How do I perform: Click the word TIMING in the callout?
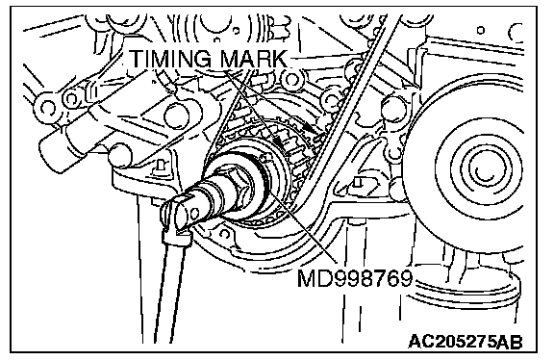tap(172, 59)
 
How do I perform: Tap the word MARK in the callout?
tap(254, 59)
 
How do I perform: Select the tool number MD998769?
tap(355, 278)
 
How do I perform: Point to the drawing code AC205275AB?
tap(466, 342)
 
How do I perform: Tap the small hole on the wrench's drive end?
tap(193, 213)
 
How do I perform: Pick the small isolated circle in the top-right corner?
tap(481, 31)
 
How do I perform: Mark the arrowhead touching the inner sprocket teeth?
tap(278, 141)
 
